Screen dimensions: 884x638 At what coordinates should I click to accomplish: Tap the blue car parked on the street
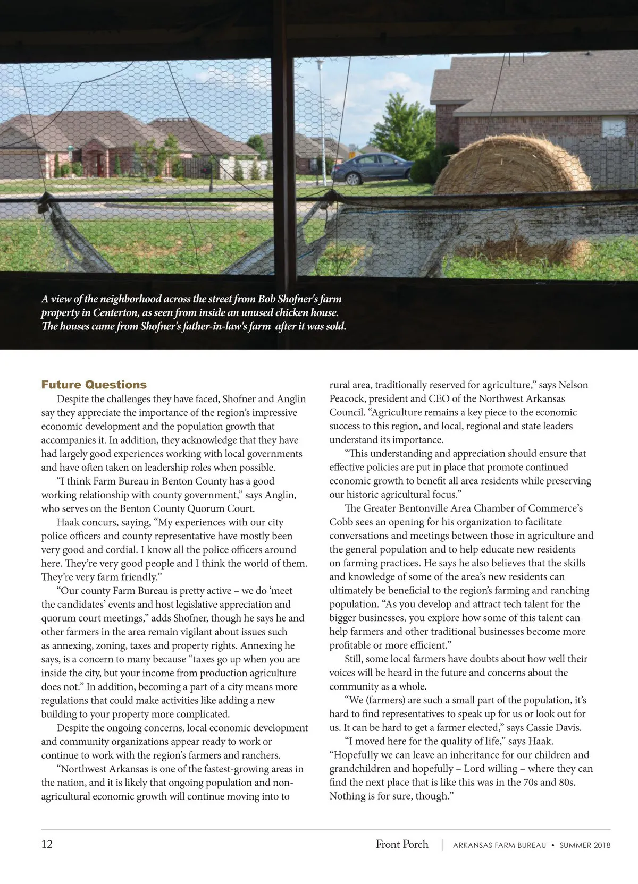[372, 167]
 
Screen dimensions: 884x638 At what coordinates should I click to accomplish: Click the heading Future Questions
[94, 385]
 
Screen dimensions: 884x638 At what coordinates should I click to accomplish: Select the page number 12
[47, 844]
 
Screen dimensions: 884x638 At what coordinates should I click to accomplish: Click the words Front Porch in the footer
[402, 844]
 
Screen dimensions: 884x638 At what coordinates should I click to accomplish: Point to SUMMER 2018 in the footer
[585, 845]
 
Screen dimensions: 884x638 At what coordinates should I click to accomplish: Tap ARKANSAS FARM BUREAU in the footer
[499, 845]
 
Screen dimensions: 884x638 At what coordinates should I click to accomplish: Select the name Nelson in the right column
[573, 385]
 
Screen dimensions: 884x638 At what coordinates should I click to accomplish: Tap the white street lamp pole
[321, 117]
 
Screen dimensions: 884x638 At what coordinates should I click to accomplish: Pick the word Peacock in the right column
[346, 398]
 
